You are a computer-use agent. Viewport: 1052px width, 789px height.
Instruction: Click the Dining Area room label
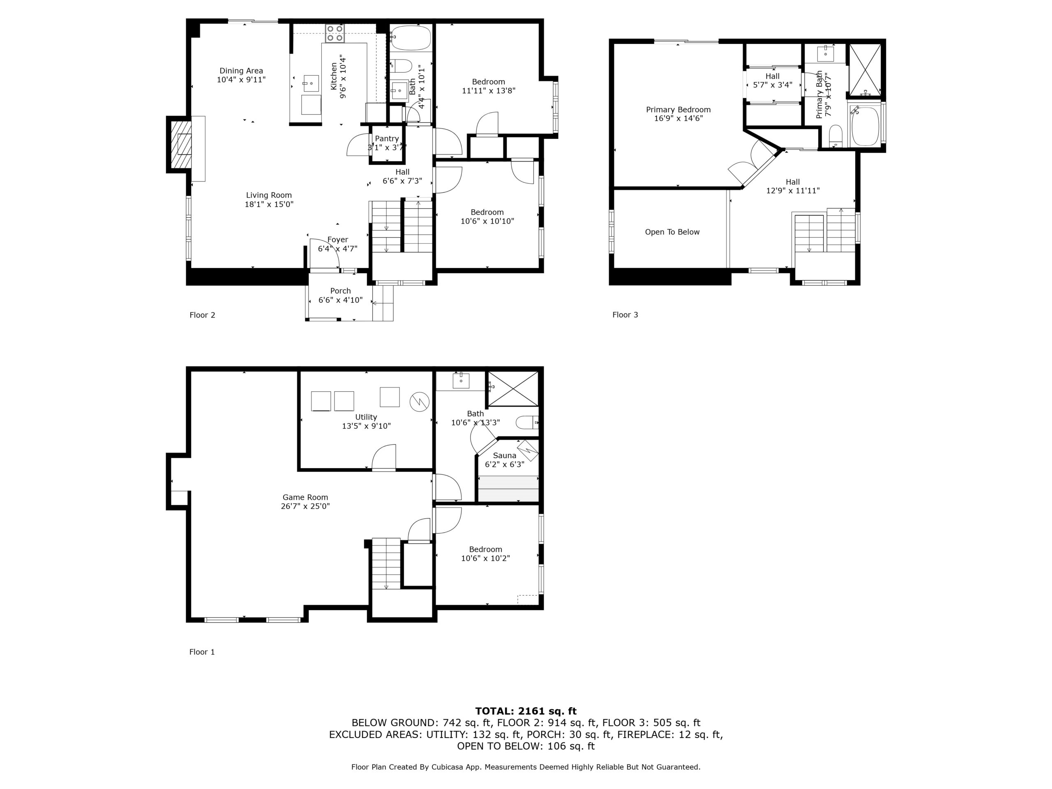(241, 71)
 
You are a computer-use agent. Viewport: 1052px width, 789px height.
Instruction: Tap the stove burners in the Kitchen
(335, 33)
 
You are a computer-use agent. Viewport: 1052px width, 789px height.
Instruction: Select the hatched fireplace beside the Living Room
(181, 144)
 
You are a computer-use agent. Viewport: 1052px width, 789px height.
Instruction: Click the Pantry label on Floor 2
(387, 138)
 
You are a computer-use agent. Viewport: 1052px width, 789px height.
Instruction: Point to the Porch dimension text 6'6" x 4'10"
(341, 300)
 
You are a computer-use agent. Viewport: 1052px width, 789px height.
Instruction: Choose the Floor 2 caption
(202, 315)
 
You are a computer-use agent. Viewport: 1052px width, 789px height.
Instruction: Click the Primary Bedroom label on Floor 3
(678, 109)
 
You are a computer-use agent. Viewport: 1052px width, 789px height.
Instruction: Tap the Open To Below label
(672, 232)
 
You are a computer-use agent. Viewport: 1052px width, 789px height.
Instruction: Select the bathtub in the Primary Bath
(865, 126)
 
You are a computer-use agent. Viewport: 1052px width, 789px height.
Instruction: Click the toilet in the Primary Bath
(835, 136)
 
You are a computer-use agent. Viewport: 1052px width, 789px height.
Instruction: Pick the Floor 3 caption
(625, 315)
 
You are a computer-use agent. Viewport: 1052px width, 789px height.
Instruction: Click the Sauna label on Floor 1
(504, 455)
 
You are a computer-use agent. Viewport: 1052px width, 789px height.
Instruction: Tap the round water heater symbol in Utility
(420, 402)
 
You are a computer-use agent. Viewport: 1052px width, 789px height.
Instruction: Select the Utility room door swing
(383, 457)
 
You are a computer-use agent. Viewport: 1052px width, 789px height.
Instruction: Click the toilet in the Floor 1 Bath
(527, 422)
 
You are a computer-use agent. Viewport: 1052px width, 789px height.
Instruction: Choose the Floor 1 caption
(202, 652)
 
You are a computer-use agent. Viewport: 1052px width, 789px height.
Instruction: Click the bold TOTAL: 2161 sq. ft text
(526, 711)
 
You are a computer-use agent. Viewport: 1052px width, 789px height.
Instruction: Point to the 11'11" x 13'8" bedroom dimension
(489, 90)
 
